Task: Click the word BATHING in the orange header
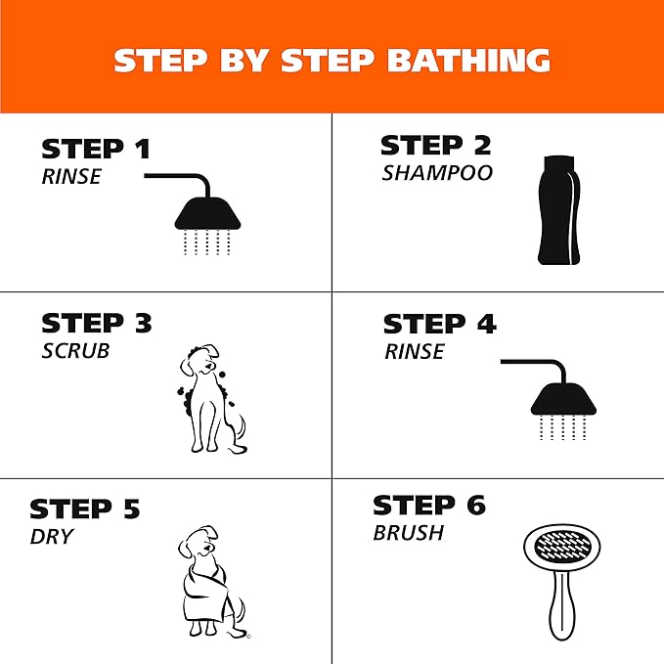pos(468,60)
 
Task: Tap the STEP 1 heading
pos(96,149)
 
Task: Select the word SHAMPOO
pos(437,173)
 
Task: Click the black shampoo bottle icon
pos(558,210)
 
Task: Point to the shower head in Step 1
pos(207,213)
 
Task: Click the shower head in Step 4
pos(563,398)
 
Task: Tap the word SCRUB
pos(75,351)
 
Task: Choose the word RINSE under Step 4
pos(415,351)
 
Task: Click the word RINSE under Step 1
pos(71,176)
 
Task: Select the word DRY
pos(52,537)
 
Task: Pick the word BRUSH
pos(409,533)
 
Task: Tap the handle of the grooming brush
pos(562,605)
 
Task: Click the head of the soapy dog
pos(200,360)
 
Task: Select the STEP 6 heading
pos(429,505)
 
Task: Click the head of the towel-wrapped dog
pos(199,542)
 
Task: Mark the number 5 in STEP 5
pos(132,509)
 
